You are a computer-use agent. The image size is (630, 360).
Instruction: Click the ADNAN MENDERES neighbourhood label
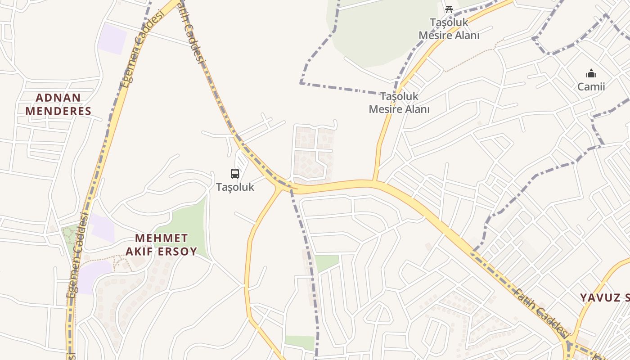coord(58,104)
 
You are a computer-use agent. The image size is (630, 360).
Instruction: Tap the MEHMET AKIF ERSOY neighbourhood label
coord(161,245)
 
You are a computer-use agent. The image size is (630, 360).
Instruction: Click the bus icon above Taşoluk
coord(235,174)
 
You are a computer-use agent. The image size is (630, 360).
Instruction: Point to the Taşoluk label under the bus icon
coord(235,187)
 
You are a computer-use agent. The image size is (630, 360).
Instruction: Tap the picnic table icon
coord(449,9)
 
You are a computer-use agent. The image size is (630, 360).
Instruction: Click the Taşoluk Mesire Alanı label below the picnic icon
coord(449,29)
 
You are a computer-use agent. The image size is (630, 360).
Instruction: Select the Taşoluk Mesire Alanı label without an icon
coord(399,103)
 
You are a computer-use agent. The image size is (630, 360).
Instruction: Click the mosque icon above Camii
coord(591,73)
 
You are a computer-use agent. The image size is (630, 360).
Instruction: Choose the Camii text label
coord(591,87)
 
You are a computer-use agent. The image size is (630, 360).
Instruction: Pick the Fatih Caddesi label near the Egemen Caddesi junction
coord(193,31)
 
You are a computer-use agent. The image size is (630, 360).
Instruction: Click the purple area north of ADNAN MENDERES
coord(112,39)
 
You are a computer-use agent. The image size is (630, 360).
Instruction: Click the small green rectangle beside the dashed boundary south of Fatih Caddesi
coord(326,262)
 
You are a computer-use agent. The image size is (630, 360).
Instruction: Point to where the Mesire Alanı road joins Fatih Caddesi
coord(375,181)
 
